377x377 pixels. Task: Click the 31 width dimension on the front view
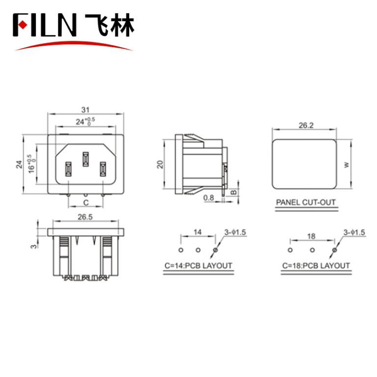coord(84,110)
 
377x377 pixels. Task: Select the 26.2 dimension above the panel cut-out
coord(305,126)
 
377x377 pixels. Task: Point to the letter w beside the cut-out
coord(347,165)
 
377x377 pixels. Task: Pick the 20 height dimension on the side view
coord(160,164)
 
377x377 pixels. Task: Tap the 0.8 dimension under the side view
coord(209,198)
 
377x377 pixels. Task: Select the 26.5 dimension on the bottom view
coord(84,216)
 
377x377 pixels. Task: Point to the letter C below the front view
coord(85,202)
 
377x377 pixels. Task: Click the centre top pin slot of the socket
coord(85,159)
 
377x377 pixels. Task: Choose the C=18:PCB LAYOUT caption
coord(316,266)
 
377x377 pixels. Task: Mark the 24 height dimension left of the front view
coord(19,164)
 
